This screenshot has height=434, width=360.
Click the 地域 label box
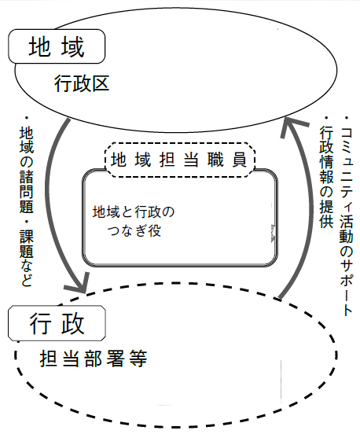click(x=57, y=46)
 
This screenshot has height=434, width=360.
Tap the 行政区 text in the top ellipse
click(x=82, y=83)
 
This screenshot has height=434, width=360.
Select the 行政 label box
click(x=57, y=323)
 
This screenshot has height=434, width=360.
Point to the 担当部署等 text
click(x=94, y=359)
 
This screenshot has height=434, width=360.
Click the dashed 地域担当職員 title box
click(x=180, y=160)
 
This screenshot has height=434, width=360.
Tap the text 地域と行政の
click(x=134, y=212)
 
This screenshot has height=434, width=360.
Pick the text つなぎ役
click(x=134, y=231)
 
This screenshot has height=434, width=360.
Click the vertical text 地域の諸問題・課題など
click(x=27, y=201)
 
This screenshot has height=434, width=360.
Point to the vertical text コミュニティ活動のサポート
click(x=346, y=216)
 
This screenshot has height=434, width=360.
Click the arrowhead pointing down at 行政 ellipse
click(x=79, y=284)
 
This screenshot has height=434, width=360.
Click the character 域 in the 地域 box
click(x=73, y=46)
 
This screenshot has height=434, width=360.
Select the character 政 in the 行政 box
click(x=73, y=323)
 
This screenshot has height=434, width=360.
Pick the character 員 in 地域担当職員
click(x=240, y=160)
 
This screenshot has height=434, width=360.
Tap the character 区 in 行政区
click(x=101, y=83)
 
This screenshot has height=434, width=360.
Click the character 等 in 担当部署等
click(x=138, y=359)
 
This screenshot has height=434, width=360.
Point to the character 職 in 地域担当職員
click(x=215, y=160)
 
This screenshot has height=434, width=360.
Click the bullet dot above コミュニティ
click(x=346, y=118)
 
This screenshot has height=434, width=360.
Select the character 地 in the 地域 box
click(x=40, y=46)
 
